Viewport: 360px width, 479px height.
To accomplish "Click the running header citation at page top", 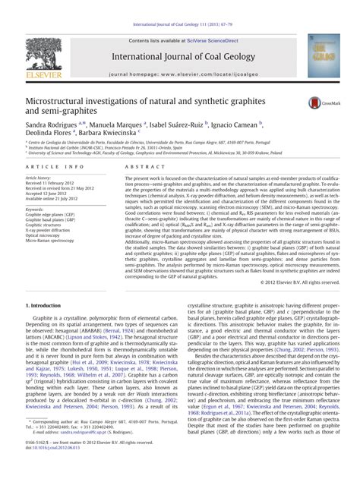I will click(179, 6).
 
